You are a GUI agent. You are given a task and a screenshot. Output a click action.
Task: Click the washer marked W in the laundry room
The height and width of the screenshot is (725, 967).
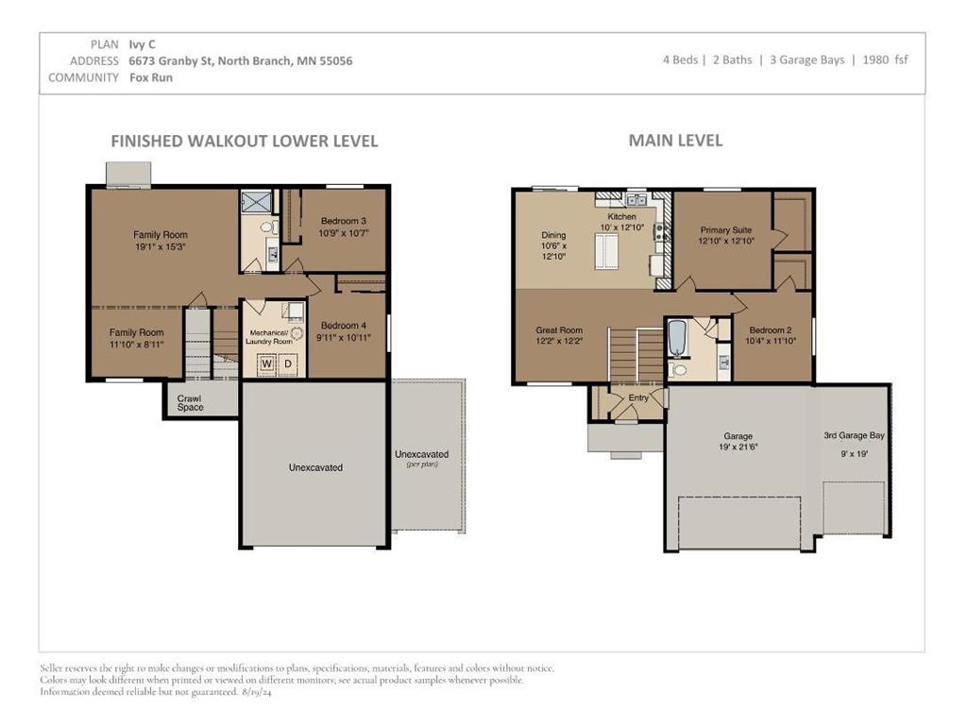click(267, 363)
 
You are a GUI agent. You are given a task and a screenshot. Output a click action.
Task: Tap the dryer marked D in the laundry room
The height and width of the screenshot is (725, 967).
click(287, 363)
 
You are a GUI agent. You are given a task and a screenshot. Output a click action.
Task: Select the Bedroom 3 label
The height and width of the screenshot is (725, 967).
click(344, 221)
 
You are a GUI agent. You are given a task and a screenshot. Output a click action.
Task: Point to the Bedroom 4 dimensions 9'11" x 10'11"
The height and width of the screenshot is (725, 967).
click(344, 337)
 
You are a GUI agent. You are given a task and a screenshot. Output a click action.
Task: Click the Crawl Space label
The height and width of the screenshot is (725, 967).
click(190, 402)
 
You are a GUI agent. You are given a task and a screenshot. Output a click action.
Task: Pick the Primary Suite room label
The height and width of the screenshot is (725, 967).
click(726, 230)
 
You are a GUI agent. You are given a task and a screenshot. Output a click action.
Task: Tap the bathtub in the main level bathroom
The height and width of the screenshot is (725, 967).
click(677, 338)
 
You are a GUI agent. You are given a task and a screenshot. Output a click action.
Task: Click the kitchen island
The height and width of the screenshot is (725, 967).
click(606, 251)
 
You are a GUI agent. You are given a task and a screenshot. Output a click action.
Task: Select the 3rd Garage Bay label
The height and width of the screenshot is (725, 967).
click(854, 435)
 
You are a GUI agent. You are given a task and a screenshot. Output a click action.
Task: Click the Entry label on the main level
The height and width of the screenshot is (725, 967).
click(638, 397)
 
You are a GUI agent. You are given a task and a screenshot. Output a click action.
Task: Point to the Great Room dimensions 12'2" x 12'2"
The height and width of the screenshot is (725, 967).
click(559, 341)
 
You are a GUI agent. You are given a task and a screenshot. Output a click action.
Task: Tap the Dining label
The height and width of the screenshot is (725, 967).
click(553, 235)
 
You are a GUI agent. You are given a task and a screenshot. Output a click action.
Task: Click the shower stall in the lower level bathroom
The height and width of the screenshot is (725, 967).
click(252, 202)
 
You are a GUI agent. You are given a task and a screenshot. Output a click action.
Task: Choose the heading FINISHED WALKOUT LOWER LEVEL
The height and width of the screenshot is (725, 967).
click(245, 142)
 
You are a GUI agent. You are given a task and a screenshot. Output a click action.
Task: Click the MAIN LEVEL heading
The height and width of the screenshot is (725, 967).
click(675, 141)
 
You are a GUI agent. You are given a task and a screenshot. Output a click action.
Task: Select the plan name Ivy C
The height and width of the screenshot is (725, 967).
click(142, 44)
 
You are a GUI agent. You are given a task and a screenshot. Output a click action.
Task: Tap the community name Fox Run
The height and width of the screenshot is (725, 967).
click(151, 77)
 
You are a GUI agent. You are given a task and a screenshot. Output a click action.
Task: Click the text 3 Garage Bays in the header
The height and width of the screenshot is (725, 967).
click(806, 59)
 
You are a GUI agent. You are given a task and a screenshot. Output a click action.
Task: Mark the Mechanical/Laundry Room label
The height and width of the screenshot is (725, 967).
click(269, 337)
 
